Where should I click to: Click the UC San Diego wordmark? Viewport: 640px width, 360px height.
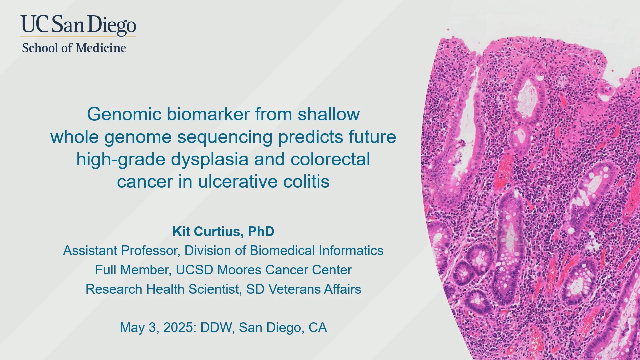tap(78, 25)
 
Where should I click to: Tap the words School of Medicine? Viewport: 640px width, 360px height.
tap(74, 48)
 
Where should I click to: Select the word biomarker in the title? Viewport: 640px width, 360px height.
tap(208, 114)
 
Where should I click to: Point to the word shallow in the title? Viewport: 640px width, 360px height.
tap(329, 114)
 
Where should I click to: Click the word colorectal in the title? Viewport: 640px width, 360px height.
tap(330, 159)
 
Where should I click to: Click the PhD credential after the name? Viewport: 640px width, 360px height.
tap(261, 231)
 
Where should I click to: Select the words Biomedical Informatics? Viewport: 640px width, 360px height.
tap(317, 251)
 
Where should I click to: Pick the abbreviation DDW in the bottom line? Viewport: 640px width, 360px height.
tap(216, 328)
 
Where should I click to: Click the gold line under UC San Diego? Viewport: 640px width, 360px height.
tap(78, 36)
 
